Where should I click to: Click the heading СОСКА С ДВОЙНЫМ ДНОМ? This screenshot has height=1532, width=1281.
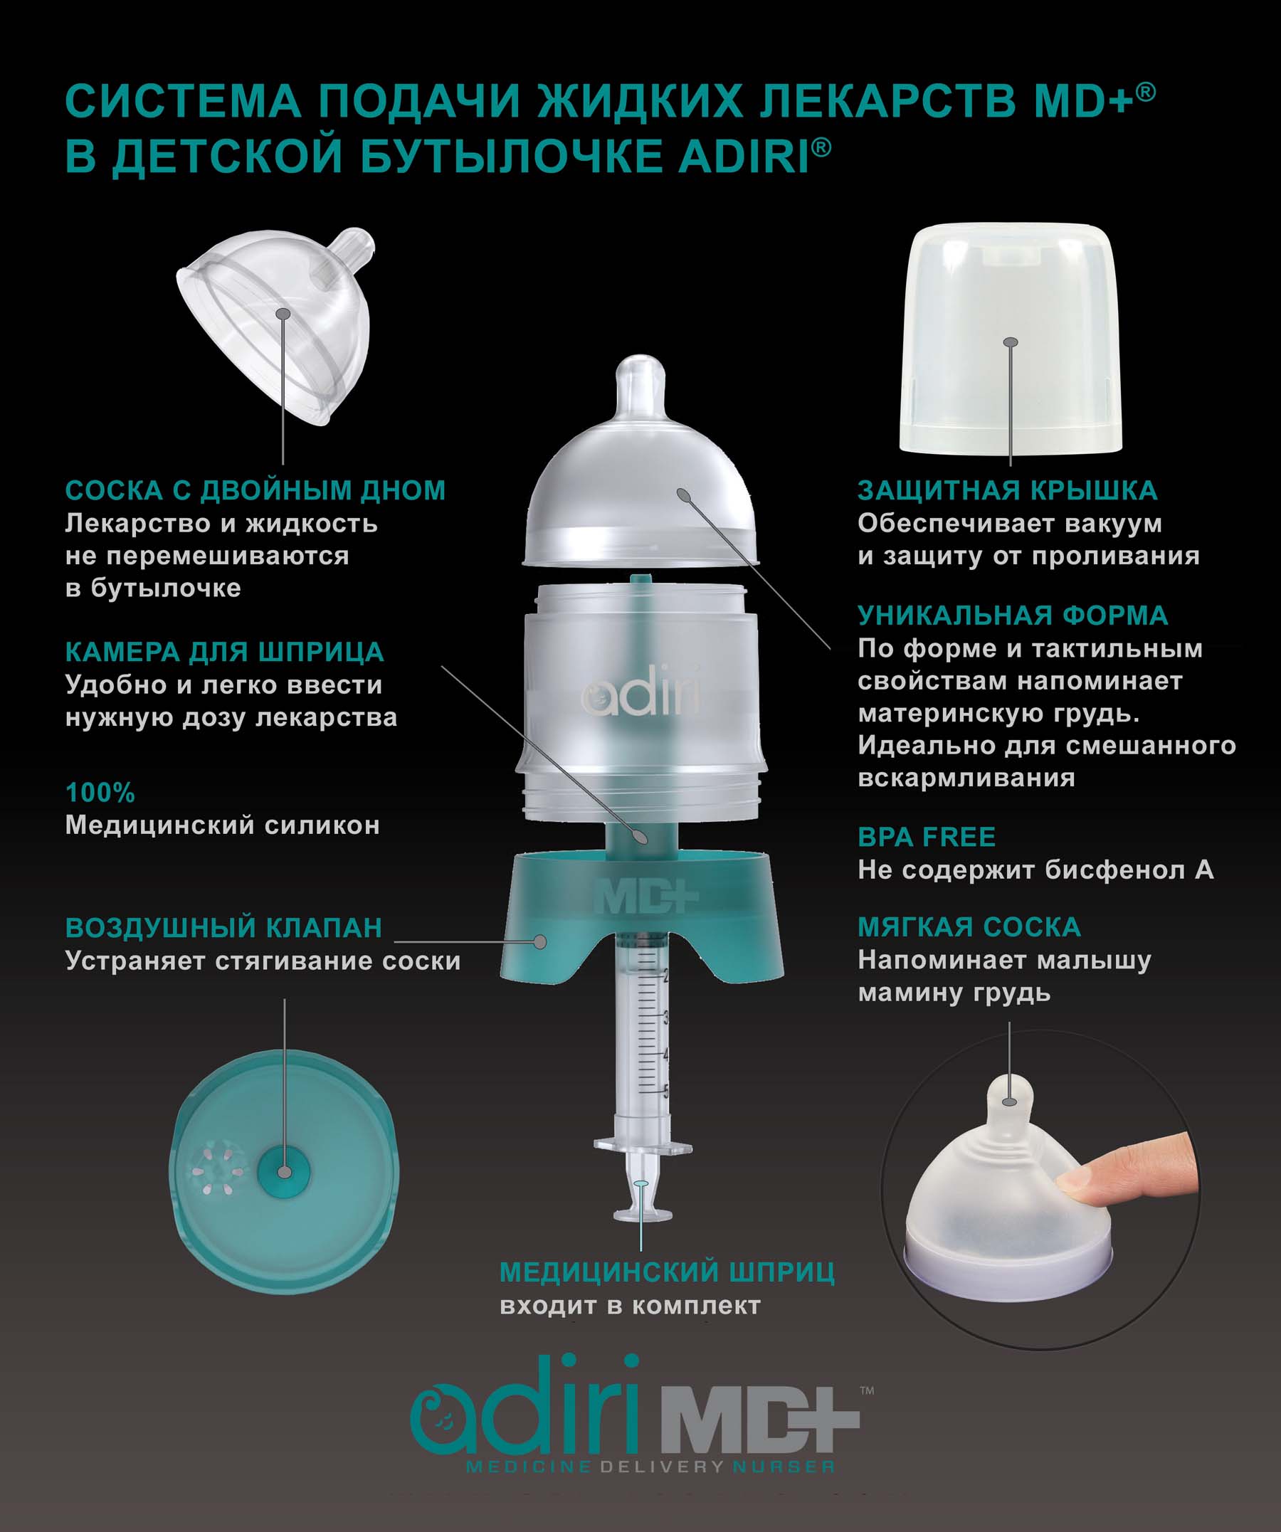tap(255, 490)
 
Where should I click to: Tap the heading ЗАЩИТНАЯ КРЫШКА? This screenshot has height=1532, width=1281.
tap(1008, 490)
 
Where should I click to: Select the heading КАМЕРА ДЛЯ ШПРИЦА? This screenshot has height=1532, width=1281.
tap(224, 653)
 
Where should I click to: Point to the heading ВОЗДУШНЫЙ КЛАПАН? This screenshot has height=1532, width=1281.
tap(223, 928)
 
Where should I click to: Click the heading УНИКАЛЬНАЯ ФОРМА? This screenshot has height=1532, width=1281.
tap(1013, 616)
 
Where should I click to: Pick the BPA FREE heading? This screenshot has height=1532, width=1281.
tap(927, 837)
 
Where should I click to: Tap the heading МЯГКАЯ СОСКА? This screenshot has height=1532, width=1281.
tap(969, 927)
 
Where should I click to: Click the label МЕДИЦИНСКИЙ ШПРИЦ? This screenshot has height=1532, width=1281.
tap(667, 1272)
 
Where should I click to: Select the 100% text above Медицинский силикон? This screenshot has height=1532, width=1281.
tap(100, 793)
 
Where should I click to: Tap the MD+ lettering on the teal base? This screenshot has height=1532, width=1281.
tap(645, 898)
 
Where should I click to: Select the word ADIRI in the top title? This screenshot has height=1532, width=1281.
tap(744, 157)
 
